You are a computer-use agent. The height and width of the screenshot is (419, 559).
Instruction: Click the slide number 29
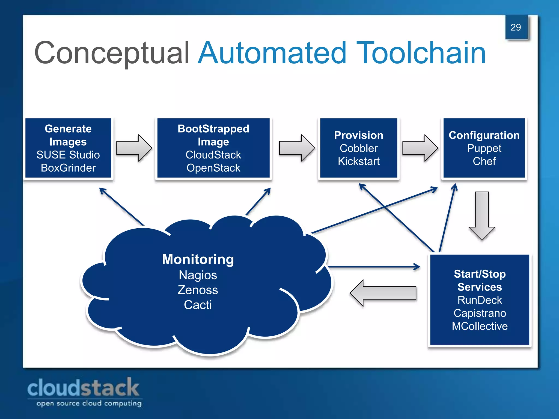516,27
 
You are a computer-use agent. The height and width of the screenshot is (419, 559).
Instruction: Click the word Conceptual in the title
112,53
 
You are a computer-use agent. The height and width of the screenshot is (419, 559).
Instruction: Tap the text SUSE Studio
68,155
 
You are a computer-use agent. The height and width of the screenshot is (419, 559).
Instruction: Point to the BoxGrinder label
68,168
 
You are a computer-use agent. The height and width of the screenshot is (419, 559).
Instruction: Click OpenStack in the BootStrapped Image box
213,168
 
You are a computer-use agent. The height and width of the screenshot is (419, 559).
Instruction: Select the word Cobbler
358,148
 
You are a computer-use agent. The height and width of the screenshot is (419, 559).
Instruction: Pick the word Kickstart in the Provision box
358,161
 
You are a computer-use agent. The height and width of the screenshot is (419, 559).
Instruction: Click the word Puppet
484,148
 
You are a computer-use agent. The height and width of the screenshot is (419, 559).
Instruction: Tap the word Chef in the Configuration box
484,161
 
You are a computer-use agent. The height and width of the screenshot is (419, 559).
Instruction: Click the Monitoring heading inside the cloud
198,259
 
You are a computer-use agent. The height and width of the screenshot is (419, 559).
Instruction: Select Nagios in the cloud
198,275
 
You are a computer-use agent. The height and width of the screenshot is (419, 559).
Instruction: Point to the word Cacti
198,305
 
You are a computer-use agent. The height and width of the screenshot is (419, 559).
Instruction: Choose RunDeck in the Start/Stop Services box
480,300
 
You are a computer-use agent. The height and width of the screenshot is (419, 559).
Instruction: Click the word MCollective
480,326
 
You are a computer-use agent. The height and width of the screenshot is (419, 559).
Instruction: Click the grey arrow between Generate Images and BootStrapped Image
134,148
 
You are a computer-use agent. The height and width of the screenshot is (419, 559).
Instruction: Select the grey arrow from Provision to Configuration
420,148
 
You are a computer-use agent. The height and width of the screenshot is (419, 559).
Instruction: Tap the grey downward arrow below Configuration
482,216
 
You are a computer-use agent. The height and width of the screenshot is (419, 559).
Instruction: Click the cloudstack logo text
83,388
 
